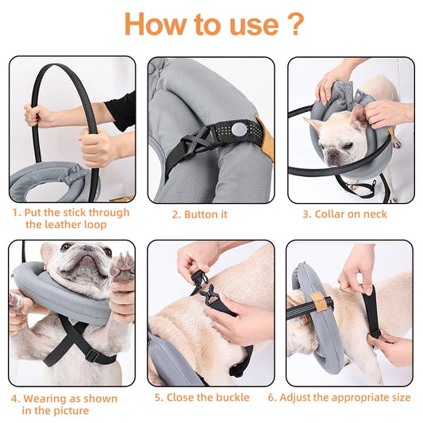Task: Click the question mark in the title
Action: click(294, 25)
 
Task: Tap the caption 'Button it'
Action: click(200, 214)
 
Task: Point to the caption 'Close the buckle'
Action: click(202, 397)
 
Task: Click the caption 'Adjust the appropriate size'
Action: click(349, 397)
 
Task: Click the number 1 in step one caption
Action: click(16, 213)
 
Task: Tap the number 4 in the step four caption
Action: click(16, 398)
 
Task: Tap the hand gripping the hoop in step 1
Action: click(97, 148)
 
